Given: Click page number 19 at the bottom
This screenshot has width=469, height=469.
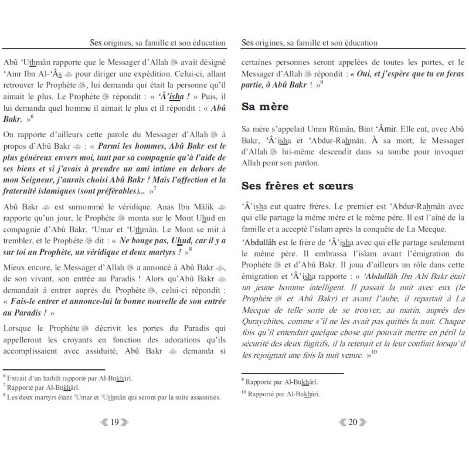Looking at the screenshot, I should tap(115, 436).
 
